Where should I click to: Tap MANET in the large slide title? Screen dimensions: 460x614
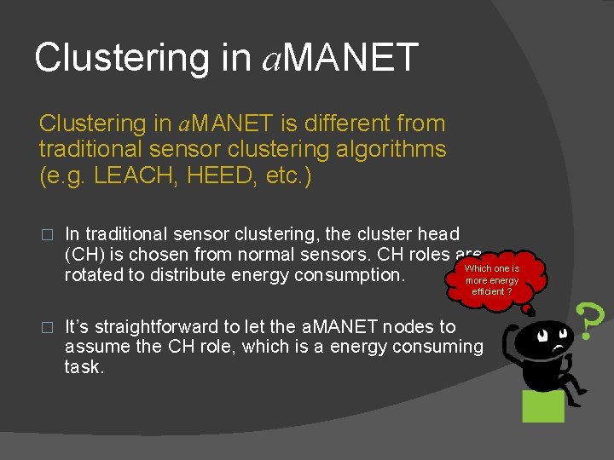[351, 58]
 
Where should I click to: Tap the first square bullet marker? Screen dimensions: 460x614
[47, 234]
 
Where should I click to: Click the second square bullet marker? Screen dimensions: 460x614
[47, 327]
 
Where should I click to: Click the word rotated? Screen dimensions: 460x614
[96, 274]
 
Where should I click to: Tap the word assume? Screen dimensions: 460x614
[98, 347]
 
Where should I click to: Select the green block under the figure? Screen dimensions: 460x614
[544, 405]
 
